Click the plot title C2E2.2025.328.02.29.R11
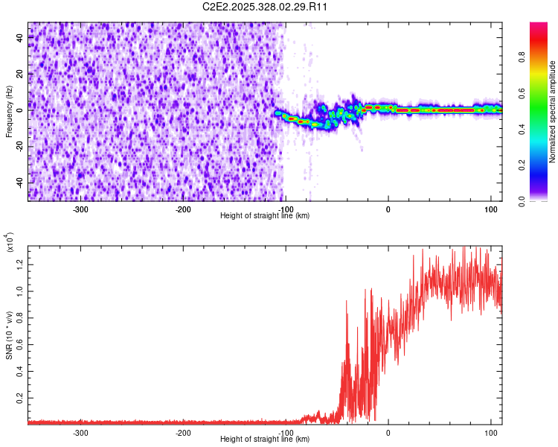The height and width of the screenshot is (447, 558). tap(266, 7)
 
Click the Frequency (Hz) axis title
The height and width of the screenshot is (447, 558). tap(10, 112)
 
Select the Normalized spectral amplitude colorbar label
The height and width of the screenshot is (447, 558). tap(553, 112)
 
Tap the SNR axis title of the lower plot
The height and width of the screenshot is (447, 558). tap(10, 335)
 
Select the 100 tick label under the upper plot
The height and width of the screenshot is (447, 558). tap(490, 208)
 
